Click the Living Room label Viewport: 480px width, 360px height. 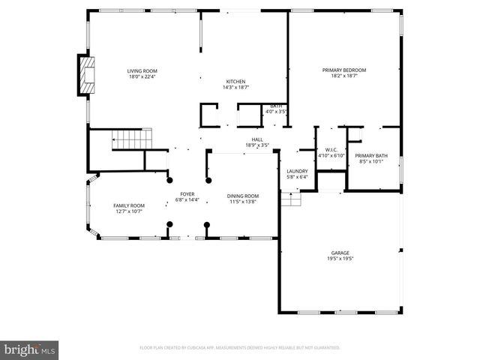(x=142, y=70)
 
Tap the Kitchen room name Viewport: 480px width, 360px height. (x=236, y=82)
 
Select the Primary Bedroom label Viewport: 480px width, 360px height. (x=344, y=70)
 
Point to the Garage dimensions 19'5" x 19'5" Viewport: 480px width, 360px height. (x=340, y=259)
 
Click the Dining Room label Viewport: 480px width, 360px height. (x=242, y=196)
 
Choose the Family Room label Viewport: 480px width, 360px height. (x=129, y=205)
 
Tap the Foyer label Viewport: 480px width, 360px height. (x=187, y=194)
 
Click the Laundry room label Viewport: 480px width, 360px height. (x=297, y=172)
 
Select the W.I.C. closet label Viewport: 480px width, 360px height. (x=331, y=149)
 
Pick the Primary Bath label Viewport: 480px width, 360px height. (x=373, y=155)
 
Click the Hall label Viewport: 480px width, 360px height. (x=256, y=139)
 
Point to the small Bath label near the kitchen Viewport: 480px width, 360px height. (x=277, y=106)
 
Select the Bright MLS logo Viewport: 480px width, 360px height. (x=30, y=349)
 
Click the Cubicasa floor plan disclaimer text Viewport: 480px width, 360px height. (x=239, y=348)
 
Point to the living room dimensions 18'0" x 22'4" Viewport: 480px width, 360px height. (x=142, y=76)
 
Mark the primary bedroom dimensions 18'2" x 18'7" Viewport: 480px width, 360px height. (x=344, y=76)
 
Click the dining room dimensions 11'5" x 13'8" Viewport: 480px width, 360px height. (x=242, y=202)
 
